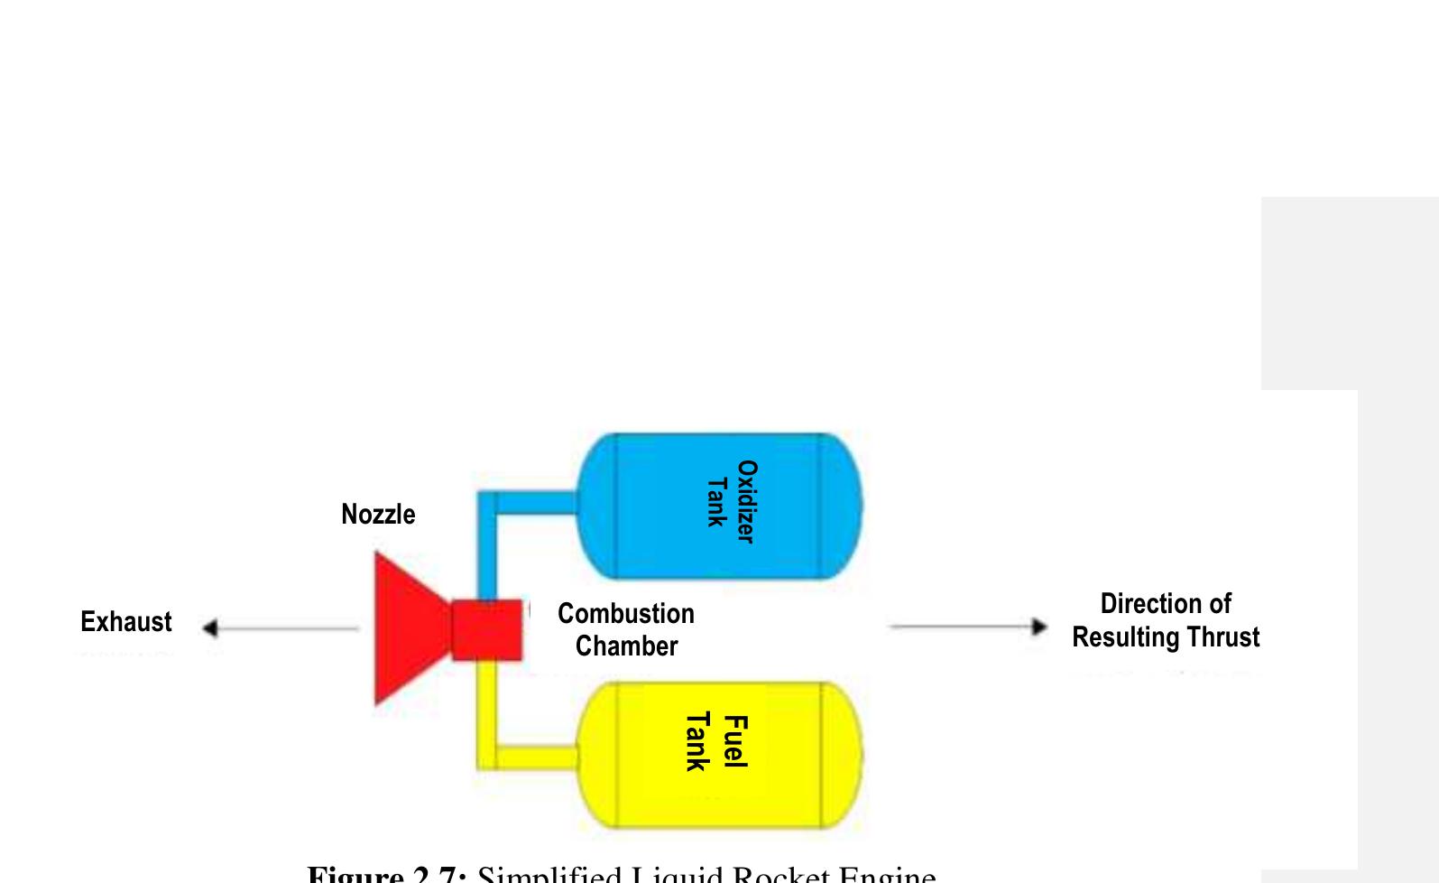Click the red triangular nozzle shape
[x=406, y=628]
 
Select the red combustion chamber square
[x=486, y=629]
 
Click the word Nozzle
[x=378, y=515]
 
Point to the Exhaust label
[x=125, y=622]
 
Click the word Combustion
[x=626, y=614]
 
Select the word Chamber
[x=626, y=646]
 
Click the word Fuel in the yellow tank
[x=736, y=741]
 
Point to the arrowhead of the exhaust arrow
[x=209, y=627]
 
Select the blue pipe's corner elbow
[x=487, y=502]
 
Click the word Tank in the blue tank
[x=716, y=502]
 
